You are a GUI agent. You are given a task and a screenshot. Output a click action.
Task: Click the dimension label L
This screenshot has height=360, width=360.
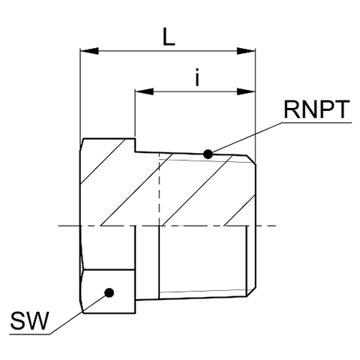(169, 37)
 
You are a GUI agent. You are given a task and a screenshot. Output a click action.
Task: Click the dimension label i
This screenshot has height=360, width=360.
(197, 77)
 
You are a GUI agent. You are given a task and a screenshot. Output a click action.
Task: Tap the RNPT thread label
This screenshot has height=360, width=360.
(316, 109)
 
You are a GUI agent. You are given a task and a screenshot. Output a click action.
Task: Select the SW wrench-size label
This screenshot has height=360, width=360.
(28, 321)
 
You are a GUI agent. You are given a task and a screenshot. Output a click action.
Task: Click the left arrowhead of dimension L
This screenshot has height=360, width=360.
(89, 51)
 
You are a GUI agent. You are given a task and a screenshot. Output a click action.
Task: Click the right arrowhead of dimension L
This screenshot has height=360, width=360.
(246, 51)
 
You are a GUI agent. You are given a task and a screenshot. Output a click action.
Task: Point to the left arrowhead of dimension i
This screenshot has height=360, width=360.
(144, 91)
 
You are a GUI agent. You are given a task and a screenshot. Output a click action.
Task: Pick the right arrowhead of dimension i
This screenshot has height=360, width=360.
(246, 91)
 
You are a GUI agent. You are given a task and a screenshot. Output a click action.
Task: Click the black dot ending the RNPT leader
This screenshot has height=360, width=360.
(208, 154)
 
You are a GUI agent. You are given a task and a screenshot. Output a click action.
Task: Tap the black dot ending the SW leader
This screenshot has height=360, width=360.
(109, 292)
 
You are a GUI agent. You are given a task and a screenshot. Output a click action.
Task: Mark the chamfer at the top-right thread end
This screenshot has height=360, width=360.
(251, 160)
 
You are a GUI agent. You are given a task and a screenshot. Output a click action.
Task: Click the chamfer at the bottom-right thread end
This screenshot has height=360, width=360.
(251, 292)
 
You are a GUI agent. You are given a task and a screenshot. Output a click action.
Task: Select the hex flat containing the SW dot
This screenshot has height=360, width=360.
(109, 291)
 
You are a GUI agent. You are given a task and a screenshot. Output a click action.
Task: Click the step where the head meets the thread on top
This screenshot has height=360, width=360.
(135, 145)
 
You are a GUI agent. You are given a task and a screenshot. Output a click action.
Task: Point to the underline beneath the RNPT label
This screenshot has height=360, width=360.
(316, 122)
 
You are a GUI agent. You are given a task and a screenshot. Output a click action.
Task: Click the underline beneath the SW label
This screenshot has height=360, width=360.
(29, 334)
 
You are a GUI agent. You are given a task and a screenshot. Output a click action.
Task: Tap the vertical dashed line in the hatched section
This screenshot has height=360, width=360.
(159, 190)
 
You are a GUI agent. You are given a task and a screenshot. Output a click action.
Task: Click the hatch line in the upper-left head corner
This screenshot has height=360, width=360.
(103, 161)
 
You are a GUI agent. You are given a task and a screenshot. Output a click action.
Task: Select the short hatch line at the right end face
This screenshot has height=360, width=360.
(240, 210)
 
